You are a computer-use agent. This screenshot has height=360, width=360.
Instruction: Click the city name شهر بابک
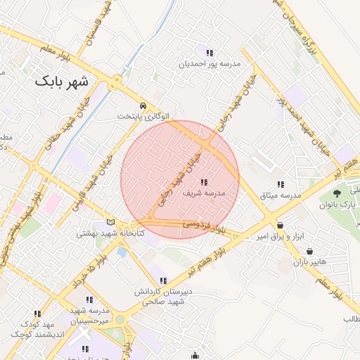click(62, 82)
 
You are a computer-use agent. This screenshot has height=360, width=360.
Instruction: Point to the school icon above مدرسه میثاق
click(281, 184)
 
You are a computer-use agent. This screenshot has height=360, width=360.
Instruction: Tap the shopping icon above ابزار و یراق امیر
click(281, 226)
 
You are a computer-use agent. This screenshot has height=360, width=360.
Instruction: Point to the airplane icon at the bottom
click(85, 349)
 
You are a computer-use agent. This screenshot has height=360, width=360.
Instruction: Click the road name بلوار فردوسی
click(203, 225)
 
